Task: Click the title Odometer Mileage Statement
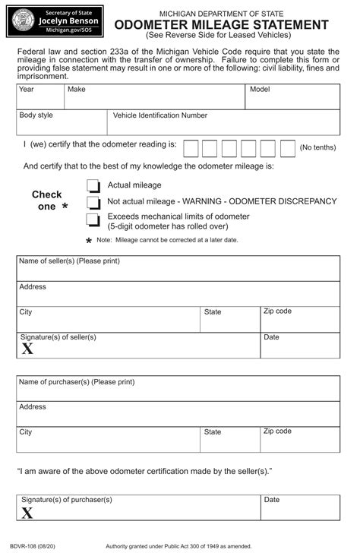221,25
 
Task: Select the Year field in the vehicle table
39,96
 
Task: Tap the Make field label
77,90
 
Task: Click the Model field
292,96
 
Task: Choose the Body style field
61,122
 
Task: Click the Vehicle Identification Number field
224,122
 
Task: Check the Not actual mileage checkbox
93,203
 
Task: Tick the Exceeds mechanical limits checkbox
93,220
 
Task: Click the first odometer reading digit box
191,148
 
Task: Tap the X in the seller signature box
27,349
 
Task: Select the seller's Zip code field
300,319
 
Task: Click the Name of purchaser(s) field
178,389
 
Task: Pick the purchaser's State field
230,439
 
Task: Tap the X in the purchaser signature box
27,513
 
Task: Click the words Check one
47,201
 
